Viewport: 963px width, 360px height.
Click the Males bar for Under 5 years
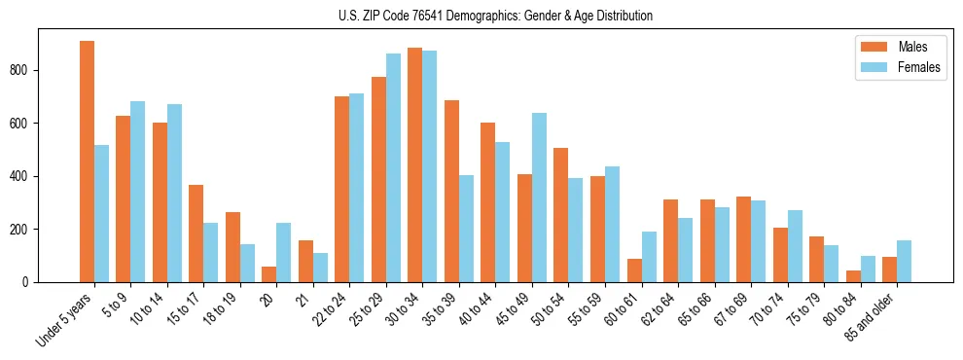pyautogui.click(x=87, y=162)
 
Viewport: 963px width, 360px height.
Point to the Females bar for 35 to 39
pyautogui.click(x=466, y=229)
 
